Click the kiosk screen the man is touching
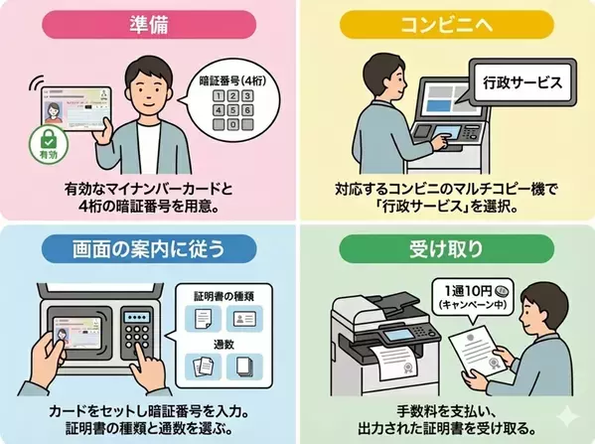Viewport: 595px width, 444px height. point(438,107)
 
